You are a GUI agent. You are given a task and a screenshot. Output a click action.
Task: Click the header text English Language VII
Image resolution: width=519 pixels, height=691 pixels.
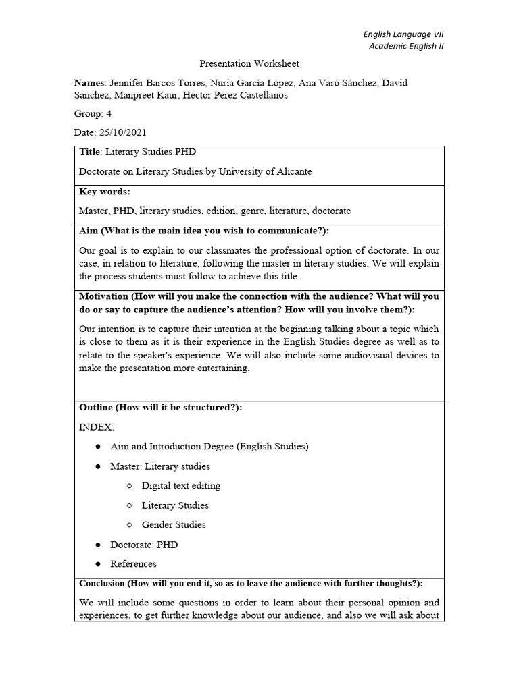tap(403, 34)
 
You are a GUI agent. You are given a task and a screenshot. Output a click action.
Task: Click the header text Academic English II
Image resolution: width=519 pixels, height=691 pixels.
tap(406, 46)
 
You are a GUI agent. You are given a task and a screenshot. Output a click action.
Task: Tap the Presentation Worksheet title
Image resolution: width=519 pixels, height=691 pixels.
tap(249, 64)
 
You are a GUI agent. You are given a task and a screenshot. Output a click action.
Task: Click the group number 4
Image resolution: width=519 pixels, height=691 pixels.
tap(109, 113)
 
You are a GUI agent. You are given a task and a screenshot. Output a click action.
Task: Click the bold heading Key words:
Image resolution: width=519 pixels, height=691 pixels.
tap(105, 192)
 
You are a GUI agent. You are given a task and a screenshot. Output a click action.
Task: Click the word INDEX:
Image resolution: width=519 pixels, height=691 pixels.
tap(97, 427)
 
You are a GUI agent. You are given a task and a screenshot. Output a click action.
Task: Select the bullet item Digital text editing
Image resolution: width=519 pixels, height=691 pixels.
tap(181, 486)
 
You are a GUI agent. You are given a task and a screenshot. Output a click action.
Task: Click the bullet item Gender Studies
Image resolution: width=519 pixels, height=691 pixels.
tap(174, 525)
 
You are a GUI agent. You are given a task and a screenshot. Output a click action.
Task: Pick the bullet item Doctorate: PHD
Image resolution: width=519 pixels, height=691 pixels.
tap(144, 545)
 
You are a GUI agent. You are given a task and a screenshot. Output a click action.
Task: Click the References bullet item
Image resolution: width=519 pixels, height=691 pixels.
tap(133, 564)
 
